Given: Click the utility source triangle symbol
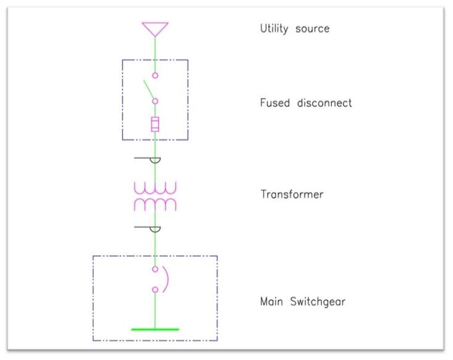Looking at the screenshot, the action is (x=155, y=28).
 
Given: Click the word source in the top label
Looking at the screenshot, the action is (x=313, y=29).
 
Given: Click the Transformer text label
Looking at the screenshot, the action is (x=292, y=195).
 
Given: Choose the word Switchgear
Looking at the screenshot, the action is (x=320, y=303).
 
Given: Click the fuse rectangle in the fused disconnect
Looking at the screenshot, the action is (x=155, y=124).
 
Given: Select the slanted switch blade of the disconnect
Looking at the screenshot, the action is (x=150, y=90).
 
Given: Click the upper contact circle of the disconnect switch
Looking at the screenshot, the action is (x=155, y=75).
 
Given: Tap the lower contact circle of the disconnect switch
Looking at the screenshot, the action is (x=155, y=101).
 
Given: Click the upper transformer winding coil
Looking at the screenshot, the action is (x=155, y=188).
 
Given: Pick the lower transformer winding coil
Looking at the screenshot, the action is (x=155, y=204).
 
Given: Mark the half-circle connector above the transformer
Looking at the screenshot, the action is (x=155, y=161).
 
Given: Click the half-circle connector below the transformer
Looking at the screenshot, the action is (x=155, y=229).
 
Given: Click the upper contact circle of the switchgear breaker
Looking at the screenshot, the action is (x=155, y=269).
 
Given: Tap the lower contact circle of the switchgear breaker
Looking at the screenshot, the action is (x=155, y=289).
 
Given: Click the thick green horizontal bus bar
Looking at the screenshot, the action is (x=155, y=329).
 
